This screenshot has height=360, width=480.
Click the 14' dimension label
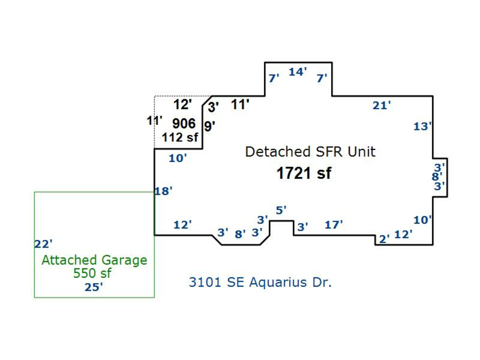(x=298, y=71)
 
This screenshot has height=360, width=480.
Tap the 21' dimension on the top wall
(x=381, y=105)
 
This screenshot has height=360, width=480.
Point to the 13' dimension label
(x=422, y=126)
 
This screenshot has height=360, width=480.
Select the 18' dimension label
(x=164, y=191)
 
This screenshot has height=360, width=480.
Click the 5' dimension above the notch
(x=281, y=210)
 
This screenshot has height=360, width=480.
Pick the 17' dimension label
(x=333, y=225)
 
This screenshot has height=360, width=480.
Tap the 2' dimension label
(x=384, y=239)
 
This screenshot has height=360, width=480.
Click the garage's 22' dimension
(x=43, y=244)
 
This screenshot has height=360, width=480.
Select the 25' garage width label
(x=94, y=287)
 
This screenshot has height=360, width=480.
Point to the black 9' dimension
(x=210, y=126)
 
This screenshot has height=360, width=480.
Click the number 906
(x=183, y=123)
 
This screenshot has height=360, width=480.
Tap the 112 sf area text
(x=180, y=137)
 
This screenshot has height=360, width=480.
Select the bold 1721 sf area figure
(x=303, y=173)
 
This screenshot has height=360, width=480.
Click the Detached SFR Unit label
(x=310, y=151)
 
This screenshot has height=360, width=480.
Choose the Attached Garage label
(x=94, y=260)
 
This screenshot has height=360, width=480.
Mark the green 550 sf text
(x=92, y=273)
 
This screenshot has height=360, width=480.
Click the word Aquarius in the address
(x=278, y=282)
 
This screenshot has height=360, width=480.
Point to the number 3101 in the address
(x=205, y=282)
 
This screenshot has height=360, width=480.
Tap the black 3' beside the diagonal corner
(x=213, y=107)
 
